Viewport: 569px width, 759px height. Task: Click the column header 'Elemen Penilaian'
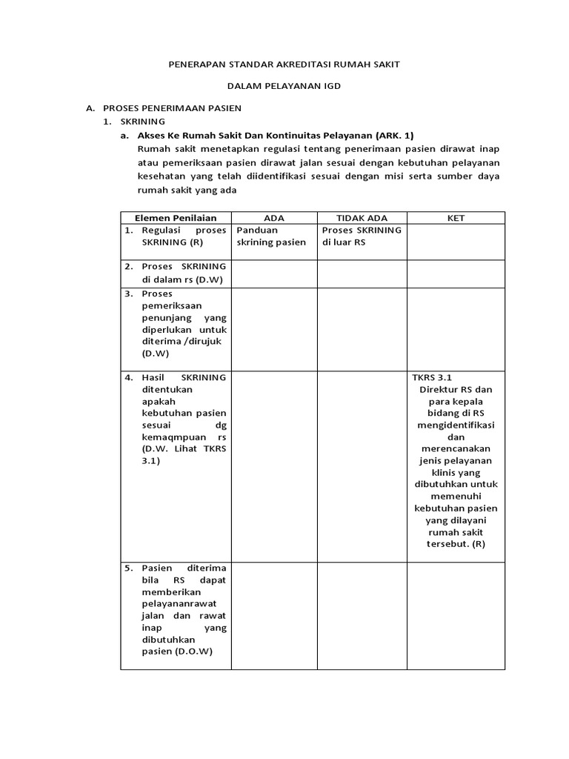(x=176, y=217)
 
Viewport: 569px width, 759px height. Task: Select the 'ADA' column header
(x=274, y=217)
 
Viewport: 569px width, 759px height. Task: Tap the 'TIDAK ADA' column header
(x=362, y=217)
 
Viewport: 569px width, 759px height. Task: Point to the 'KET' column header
(x=455, y=217)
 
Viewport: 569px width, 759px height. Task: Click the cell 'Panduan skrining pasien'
(x=271, y=236)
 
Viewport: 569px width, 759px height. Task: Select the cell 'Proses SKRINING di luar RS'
(x=362, y=236)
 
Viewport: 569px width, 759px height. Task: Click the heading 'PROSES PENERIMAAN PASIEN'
(x=172, y=108)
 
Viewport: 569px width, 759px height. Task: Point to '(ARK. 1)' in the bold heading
(x=395, y=135)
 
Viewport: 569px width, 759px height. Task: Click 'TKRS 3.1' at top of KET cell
(x=432, y=377)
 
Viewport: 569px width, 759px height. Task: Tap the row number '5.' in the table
(x=129, y=568)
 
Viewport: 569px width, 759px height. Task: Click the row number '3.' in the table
(x=129, y=294)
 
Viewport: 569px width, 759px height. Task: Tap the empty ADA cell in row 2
(x=274, y=273)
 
